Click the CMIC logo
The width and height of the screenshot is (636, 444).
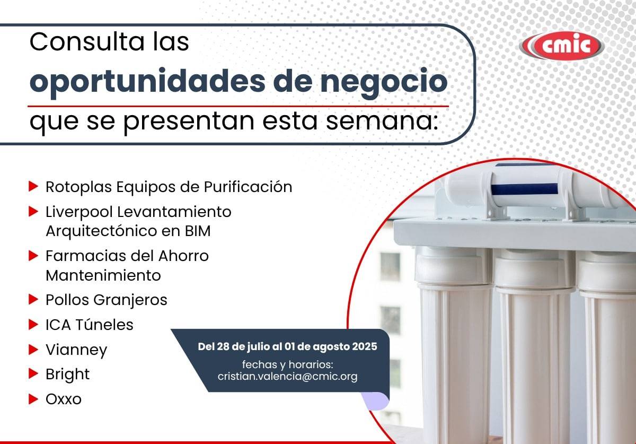tap(561, 46)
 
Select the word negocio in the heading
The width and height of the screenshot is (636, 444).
tap(384, 82)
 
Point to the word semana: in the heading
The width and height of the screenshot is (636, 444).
tap(382, 121)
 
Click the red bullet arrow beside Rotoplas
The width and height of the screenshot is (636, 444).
tap(33, 187)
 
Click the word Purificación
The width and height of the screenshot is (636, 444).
tap(248, 187)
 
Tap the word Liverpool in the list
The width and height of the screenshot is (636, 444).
tap(79, 212)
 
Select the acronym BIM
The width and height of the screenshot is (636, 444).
tap(198, 231)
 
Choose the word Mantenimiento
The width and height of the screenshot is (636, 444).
tap(103, 275)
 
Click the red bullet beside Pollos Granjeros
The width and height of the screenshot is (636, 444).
tap(33, 299)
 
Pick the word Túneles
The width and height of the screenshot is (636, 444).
tap(104, 325)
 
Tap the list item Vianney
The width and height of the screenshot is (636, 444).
tap(76, 350)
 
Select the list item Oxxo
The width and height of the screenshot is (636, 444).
tap(64, 399)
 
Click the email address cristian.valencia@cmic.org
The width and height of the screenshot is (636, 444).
tap(287, 376)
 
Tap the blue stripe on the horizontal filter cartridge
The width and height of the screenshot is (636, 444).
tap(524, 189)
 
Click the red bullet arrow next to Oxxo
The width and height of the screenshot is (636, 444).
tap(33, 399)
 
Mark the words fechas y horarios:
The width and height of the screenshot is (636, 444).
tap(287, 364)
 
